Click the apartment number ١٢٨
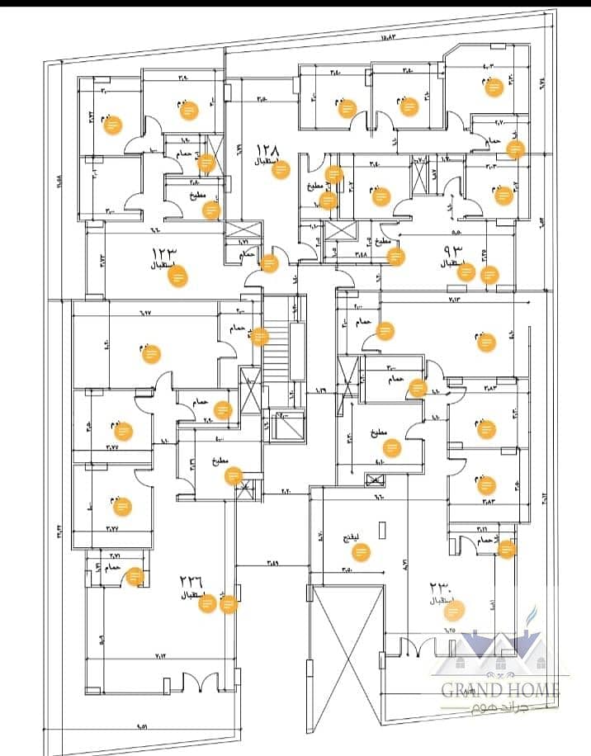coord(269,149)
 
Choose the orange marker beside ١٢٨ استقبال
coord(281,169)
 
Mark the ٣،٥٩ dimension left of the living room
coord(273,563)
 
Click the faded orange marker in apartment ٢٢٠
coord(456,610)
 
